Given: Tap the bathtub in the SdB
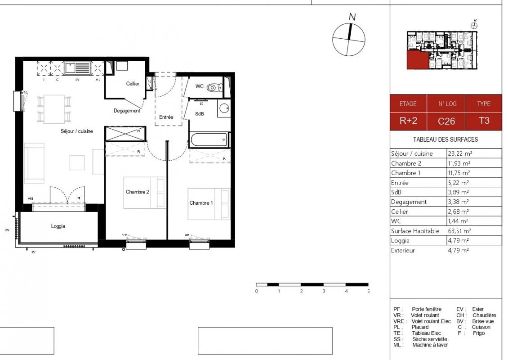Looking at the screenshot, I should tap(209, 139).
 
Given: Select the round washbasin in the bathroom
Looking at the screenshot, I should tap(223, 108).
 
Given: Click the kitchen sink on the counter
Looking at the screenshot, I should tap(77, 68).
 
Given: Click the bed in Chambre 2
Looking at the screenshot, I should tap(144, 193).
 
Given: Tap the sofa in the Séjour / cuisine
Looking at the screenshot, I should tap(34, 163).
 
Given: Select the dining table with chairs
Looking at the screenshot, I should tap(54, 109).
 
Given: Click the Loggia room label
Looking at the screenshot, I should tap(58, 226).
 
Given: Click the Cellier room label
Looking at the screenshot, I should tap(133, 84).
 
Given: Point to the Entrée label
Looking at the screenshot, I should tap(166, 117).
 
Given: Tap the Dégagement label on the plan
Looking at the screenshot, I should tap(127, 111).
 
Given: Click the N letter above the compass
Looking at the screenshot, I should tap(352, 17).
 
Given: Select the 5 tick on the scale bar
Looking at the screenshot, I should tap(368, 291).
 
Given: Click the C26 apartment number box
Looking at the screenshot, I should tap(446, 121).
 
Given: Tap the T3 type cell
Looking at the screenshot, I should tap(484, 121).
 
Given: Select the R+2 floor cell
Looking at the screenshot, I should tap(408, 121).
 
